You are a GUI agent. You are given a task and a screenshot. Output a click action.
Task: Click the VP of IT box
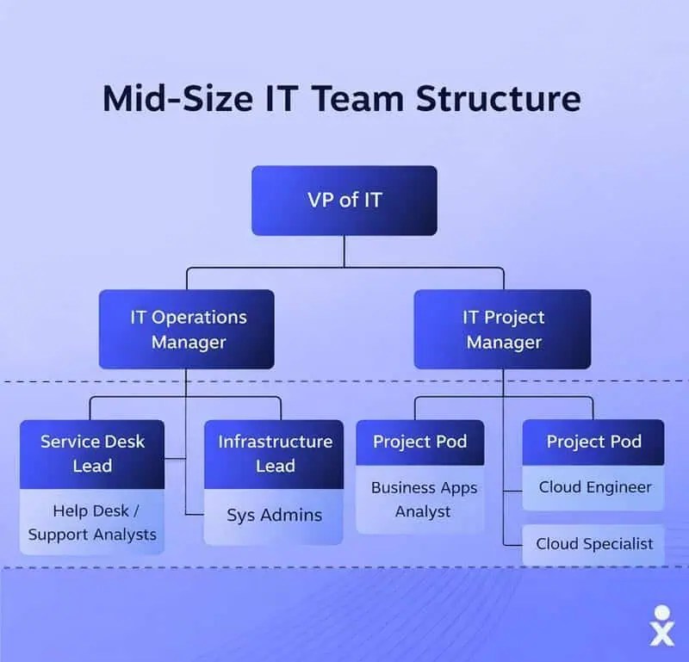[344, 201]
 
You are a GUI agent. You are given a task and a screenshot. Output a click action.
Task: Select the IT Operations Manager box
[187, 329]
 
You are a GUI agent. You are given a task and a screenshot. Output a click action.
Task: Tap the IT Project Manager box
[503, 329]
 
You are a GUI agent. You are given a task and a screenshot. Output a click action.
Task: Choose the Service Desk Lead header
[92, 454]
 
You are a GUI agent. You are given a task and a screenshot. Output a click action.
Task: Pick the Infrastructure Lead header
[274, 454]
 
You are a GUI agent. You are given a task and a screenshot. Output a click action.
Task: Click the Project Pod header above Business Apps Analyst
[420, 442]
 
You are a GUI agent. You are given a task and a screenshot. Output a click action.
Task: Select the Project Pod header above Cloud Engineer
[593, 442]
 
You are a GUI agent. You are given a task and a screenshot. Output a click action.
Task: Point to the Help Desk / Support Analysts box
[92, 523]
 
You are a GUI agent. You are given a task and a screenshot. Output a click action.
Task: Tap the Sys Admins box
[274, 516]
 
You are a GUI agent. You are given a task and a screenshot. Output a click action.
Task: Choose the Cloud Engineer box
[595, 487]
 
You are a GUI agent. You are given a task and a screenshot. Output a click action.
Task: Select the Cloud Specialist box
[594, 544]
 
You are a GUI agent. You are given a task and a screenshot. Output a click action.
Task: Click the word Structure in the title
[499, 99]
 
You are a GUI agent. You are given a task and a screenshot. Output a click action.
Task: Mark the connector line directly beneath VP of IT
[344, 251]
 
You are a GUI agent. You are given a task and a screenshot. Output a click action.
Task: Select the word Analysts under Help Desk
[125, 535]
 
